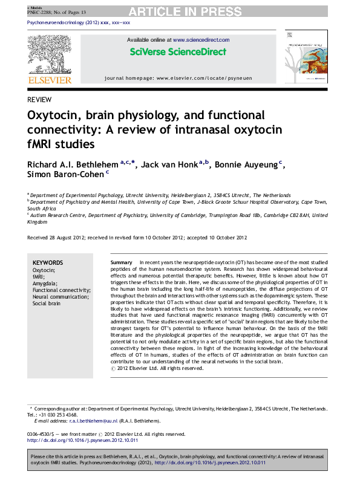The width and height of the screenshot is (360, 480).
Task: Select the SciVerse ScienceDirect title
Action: (178, 51)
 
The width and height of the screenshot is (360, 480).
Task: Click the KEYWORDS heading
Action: (47, 263)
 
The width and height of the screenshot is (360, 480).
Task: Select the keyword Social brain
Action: (47, 303)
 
